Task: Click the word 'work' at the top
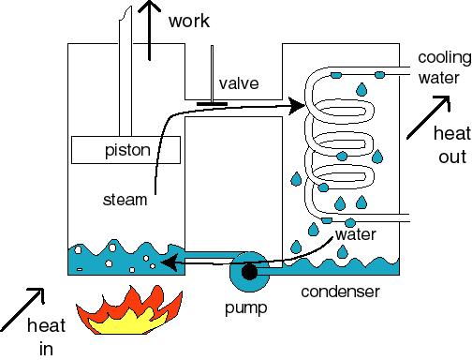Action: click(189, 21)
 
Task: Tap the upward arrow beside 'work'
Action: click(150, 31)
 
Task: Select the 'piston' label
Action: click(127, 151)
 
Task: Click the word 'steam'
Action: click(125, 200)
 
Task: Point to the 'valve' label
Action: click(239, 83)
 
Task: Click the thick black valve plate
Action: click(212, 104)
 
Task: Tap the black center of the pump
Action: click(249, 272)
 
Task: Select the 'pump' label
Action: click(246, 308)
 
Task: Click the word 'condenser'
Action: click(340, 292)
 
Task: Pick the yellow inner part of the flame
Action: click(125, 322)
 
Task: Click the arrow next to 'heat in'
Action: click(22, 309)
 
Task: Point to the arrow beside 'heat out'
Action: click(428, 117)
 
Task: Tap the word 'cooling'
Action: click(445, 58)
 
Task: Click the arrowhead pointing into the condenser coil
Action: click(297, 106)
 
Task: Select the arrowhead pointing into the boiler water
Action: click(170, 262)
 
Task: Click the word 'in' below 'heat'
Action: click(46, 349)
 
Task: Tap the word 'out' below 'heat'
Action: click(452, 157)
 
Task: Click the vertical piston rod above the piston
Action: click(125, 73)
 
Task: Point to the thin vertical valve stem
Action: click(212, 74)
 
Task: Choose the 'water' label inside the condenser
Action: click(356, 234)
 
